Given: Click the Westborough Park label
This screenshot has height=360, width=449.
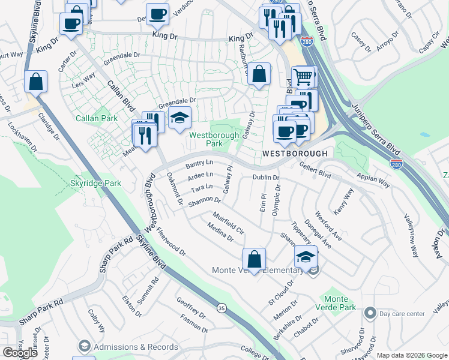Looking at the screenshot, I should tap(214, 139).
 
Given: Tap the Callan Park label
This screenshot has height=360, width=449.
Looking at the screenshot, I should tap(97, 118).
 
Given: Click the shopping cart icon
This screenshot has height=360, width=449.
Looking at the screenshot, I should tap(304, 76).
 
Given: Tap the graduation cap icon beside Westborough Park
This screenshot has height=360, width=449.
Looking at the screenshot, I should tap(179, 118).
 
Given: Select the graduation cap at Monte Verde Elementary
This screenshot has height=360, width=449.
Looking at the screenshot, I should tap(306, 257).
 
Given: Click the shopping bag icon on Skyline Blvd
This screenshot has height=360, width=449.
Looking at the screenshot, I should tap(36, 81).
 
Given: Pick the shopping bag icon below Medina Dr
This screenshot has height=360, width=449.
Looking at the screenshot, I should tap(255, 259).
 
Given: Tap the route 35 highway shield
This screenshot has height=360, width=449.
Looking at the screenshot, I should tap(221, 308).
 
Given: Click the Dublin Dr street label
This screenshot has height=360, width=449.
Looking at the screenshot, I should tap(266, 178).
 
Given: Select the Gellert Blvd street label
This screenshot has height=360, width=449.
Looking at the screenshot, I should tap(316, 172).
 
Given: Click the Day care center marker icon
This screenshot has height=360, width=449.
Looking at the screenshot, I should tap(370, 313).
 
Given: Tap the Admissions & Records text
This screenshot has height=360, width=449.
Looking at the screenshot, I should tap(137, 347).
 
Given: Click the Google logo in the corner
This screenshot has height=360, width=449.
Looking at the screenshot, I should tap(20, 353).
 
